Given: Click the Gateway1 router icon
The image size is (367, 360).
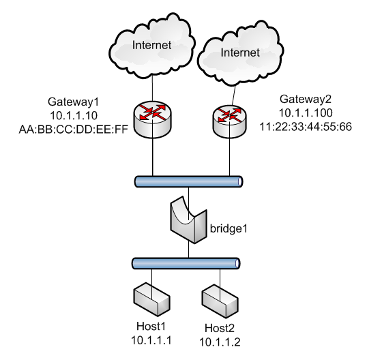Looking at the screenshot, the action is click(153, 119).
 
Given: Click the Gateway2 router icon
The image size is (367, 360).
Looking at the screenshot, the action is click(229, 121).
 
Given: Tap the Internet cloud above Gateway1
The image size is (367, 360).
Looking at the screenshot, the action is click(152, 45).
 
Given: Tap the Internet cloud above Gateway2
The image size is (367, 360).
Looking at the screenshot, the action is click(240, 52).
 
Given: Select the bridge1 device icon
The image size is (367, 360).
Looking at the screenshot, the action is click(189, 220).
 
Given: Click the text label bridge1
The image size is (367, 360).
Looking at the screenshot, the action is click(229, 228).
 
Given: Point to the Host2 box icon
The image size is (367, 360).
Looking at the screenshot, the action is click(220, 301).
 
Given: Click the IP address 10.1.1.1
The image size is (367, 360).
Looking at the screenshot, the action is click(151, 340).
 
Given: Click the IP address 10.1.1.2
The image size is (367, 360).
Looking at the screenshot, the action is click(220, 342).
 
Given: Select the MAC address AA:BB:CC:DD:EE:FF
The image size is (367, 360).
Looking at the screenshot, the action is click(74, 130).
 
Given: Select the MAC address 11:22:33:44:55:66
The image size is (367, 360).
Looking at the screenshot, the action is click(306, 127).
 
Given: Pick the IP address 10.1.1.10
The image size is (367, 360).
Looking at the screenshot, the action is click(74, 115).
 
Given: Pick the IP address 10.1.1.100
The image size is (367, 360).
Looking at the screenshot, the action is click(306, 113).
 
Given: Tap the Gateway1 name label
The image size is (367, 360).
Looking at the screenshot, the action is click(74, 102).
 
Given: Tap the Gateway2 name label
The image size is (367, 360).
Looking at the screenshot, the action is click(306, 99).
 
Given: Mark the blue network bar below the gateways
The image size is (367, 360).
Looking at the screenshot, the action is click(189, 182).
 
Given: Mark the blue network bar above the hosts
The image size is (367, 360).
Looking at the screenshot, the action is click(186, 264).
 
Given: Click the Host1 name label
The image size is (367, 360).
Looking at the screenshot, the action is click(151, 326).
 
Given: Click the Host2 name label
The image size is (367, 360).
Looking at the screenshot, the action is click(220, 328).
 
